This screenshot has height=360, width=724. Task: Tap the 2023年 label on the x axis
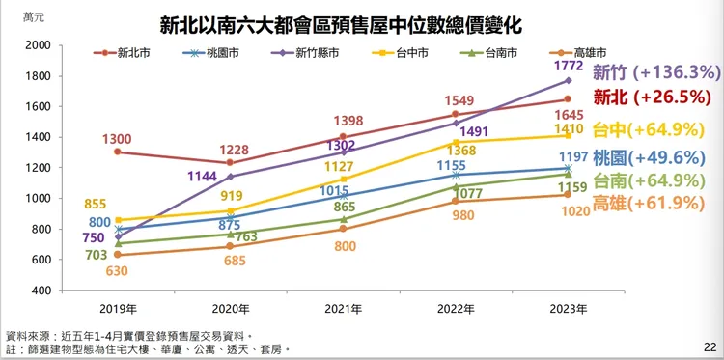(x=567, y=309)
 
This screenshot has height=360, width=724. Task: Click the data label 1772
(x=567, y=67)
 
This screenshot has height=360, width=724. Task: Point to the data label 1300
(x=117, y=139)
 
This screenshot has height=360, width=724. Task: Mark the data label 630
(x=117, y=271)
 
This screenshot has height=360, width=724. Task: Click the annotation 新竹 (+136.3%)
(x=656, y=71)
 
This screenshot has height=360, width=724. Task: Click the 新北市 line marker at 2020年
(x=230, y=163)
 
